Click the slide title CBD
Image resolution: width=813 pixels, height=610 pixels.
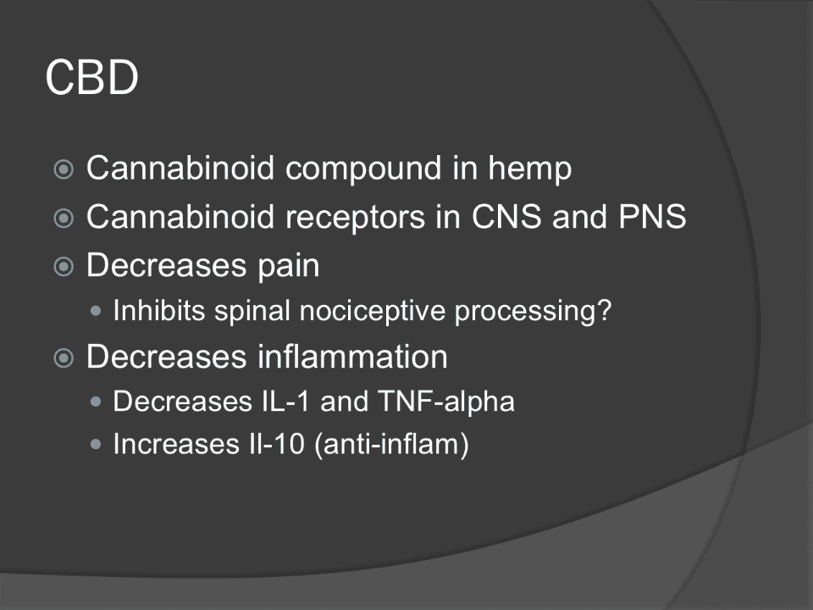[91, 77]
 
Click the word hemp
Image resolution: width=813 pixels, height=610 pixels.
[529, 169]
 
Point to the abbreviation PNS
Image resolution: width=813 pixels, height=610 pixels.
[652, 216]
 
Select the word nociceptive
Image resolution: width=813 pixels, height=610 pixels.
[373, 312]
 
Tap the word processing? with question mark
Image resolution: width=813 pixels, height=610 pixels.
[533, 312]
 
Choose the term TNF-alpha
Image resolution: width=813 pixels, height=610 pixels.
[446, 402]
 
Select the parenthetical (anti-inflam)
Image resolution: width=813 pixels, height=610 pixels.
[392, 445]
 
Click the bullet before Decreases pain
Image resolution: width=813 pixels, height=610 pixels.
[64, 267]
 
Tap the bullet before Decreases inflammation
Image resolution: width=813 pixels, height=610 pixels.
[64, 358]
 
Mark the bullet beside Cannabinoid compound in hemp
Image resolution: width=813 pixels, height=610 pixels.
[64, 169]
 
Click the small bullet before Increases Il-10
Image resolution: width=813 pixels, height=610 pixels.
[96, 444]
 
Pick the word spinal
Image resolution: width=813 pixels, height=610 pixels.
[252, 312]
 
